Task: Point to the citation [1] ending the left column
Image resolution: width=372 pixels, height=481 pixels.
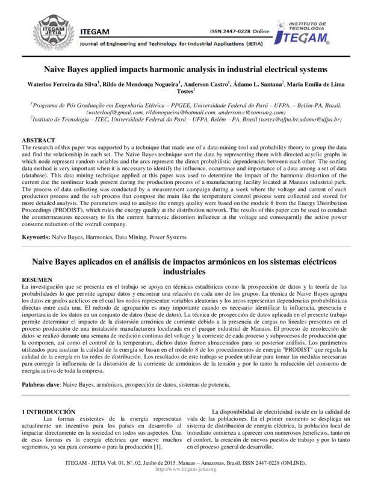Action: [x=158, y=447]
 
